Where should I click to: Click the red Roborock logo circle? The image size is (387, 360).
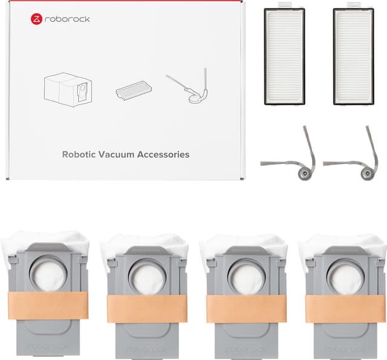[x=36, y=19]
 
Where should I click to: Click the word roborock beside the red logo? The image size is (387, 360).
[x=67, y=19]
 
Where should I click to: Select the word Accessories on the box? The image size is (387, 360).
[x=163, y=154]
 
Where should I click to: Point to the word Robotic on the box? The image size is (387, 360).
[x=79, y=154]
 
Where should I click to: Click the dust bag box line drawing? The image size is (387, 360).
[x=68, y=90]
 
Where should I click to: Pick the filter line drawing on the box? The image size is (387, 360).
[x=134, y=90]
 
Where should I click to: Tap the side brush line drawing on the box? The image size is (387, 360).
[x=188, y=86]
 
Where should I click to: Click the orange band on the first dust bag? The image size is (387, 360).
[x=48, y=306]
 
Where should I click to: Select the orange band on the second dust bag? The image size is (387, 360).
[x=147, y=309]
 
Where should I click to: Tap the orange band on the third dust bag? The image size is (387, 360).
[x=246, y=309]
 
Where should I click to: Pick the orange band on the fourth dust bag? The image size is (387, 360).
[x=345, y=309]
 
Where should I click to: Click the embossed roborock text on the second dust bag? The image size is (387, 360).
[x=147, y=350]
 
